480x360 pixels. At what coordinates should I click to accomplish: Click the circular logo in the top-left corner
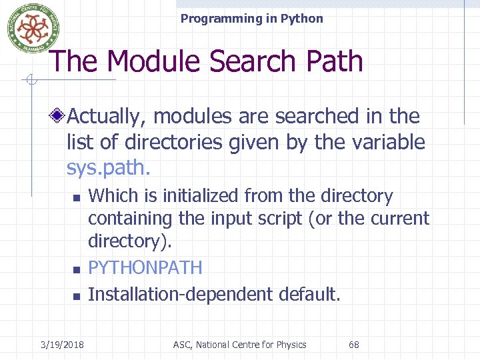(29, 27)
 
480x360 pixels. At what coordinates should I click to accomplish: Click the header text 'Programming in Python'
(251, 19)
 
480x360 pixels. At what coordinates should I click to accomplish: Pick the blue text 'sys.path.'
(109, 167)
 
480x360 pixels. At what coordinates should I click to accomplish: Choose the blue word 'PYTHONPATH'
(145, 268)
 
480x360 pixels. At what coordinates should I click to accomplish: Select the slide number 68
(354, 345)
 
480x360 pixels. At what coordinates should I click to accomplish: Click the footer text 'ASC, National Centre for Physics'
(239, 345)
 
